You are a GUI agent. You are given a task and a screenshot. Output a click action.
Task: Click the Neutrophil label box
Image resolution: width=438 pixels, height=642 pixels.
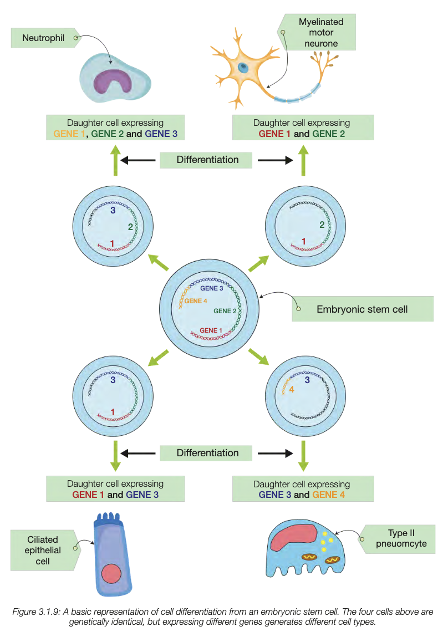(43, 38)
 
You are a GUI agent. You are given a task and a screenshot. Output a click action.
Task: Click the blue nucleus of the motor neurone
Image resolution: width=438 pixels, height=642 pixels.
(243, 67)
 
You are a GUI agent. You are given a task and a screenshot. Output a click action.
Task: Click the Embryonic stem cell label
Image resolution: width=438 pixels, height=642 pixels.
(362, 309)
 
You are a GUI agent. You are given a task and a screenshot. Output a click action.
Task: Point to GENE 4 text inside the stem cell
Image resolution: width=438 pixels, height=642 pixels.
(195, 301)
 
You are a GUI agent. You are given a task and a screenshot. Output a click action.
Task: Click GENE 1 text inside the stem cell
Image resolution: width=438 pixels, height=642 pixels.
(208, 330)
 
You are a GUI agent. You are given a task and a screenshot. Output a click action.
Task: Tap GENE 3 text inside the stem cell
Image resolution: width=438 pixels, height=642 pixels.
(211, 288)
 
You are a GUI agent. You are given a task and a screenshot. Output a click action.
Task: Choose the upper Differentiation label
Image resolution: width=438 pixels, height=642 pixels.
(207, 160)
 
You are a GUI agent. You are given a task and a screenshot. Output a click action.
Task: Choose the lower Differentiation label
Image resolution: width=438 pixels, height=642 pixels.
(207, 453)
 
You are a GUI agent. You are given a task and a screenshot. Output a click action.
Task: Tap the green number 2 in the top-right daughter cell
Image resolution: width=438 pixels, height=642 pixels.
(322, 225)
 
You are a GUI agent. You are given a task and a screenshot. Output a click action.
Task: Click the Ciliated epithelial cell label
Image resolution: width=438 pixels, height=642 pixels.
(43, 550)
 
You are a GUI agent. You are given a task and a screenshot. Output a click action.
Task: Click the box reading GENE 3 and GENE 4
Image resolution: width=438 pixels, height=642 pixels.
(302, 489)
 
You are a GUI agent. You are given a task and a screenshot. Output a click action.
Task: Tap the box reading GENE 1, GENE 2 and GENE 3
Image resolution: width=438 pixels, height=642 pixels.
(115, 128)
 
